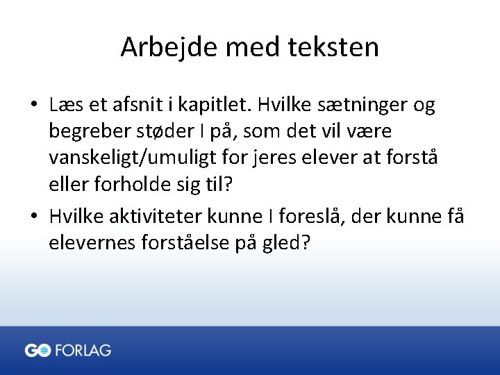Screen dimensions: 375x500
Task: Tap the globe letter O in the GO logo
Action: point(44,351)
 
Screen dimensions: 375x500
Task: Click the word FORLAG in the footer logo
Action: point(83,351)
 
